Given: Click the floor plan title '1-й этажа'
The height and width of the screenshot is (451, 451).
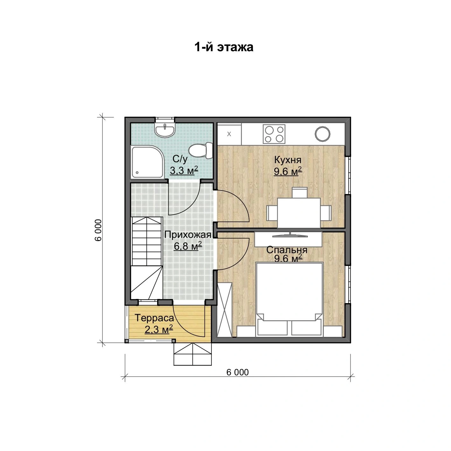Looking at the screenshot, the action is click(x=224, y=47).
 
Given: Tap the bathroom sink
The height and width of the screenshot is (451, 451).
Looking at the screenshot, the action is click(x=165, y=130).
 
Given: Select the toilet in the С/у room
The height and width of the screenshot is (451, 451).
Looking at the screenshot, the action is click(x=200, y=150).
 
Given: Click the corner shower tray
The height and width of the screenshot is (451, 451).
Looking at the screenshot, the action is click(x=148, y=162).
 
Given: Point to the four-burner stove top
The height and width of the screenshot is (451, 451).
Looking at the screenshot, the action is click(x=274, y=134).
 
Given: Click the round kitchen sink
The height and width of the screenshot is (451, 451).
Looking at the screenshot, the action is click(x=322, y=134).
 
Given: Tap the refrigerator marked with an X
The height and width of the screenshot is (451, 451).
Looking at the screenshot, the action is click(x=229, y=134).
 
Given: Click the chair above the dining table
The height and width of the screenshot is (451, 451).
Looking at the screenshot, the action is click(x=300, y=193).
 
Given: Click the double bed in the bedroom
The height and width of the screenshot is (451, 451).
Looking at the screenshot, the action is click(x=290, y=300).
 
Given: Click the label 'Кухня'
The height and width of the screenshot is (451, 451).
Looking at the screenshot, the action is click(x=288, y=160).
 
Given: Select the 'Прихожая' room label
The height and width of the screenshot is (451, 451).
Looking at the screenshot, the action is click(x=188, y=234).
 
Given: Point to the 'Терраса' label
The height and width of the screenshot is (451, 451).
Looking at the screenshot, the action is click(x=155, y=318).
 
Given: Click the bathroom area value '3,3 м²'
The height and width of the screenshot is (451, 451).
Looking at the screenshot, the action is click(x=184, y=170).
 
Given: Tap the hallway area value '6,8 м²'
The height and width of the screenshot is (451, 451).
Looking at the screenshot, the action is click(x=188, y=246).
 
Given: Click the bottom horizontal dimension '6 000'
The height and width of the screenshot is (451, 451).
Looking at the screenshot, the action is click(x=238, y=372).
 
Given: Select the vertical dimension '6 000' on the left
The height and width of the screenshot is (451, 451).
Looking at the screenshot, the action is click(x=99, y=230).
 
